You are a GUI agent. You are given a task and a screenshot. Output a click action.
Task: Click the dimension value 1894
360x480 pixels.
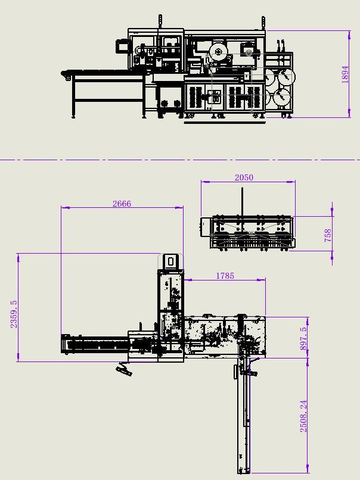[345, 74]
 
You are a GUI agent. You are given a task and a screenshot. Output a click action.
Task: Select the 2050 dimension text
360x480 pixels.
[244, 177]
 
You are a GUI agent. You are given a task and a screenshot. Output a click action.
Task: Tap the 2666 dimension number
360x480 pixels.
[122, 204]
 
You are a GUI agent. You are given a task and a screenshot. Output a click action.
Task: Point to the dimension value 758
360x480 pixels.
[328, 235]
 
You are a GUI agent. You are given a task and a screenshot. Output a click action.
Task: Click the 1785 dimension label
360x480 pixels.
[225, 276]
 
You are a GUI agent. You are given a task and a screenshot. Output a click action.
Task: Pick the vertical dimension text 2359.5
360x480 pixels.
[14, 314]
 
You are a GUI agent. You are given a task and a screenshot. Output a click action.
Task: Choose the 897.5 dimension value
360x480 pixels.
[303, 338]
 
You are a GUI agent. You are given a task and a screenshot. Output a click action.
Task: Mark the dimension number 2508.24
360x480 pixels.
[303, 416]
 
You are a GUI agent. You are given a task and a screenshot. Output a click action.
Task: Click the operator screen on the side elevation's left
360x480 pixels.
[122, 46]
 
